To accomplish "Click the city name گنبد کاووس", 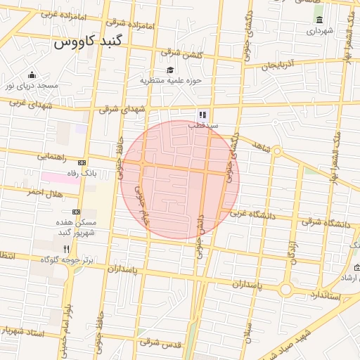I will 89,41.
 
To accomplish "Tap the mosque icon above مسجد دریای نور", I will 31,75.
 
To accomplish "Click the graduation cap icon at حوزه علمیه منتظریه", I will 169,70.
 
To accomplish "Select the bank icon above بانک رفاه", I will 82,162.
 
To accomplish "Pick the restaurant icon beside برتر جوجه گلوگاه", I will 67,249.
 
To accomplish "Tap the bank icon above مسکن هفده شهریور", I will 76,211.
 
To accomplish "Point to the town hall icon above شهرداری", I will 320,20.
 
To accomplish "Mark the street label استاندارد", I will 324,295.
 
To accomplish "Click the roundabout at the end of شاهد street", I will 277,151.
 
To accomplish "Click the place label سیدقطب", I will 202,125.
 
